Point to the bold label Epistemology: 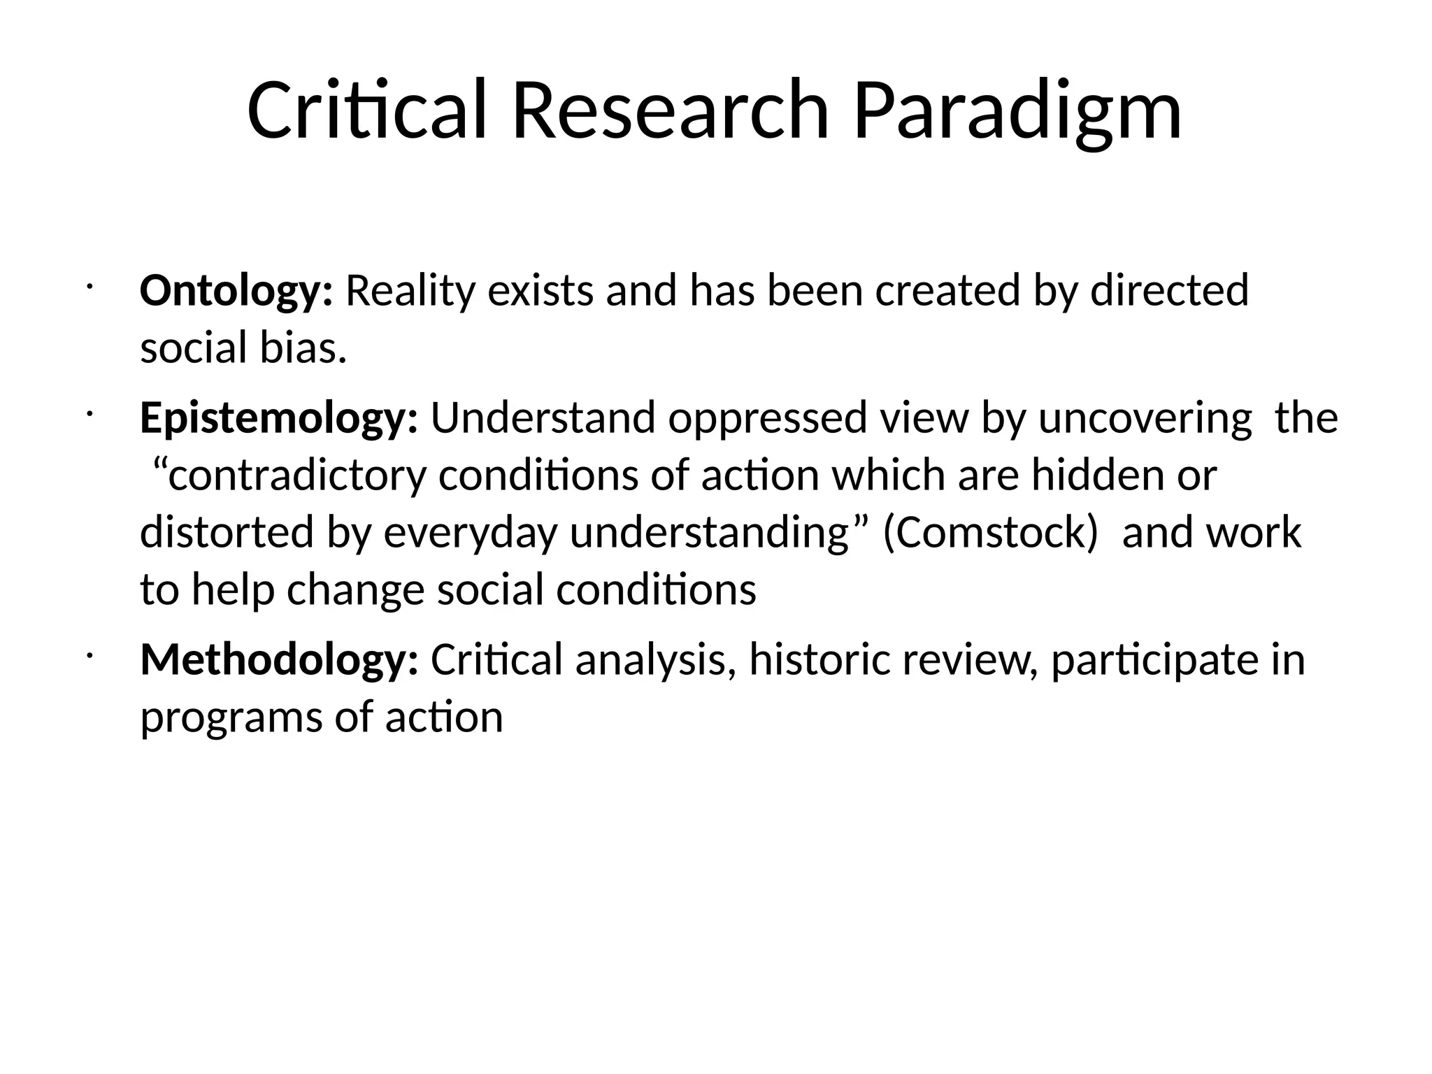[279, 418]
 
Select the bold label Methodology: [279, 659]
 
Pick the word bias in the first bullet [303, 348]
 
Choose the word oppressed [767, 418]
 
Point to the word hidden [1098, 476]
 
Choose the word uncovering [1145, 418]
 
